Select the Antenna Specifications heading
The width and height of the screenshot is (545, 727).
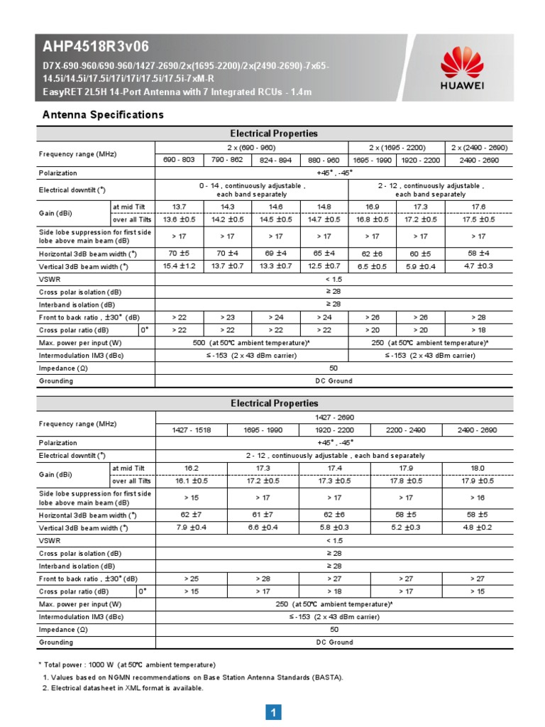coord(103,114)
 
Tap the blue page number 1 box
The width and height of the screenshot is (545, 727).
coord(273,711)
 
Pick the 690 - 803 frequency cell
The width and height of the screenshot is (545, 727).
coord(179,160)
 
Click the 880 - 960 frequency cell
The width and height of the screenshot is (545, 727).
coord(324,160)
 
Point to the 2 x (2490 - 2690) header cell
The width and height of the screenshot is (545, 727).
coord(479,147)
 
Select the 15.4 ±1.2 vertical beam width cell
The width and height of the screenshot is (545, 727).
coord(179,266)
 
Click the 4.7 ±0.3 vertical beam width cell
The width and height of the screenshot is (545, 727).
coord(479,266)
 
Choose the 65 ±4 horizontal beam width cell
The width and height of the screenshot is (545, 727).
coord(324,252)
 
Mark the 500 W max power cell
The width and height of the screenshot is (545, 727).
coord(252,342)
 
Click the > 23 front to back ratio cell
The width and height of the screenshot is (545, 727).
coord(228,317)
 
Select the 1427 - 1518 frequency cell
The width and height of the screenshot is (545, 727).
coord(191,430)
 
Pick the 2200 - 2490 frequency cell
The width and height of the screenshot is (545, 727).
coord(406,430)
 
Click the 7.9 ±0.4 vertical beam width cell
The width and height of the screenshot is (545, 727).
coord(191,528)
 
